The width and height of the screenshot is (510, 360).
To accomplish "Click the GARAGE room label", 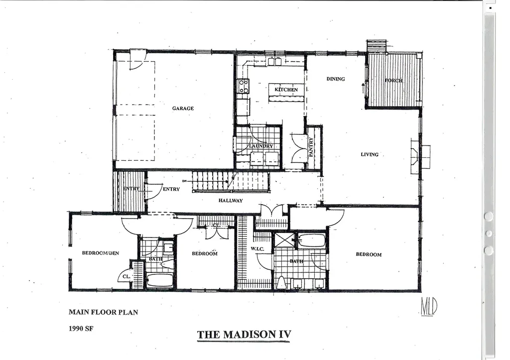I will [x=183, y=108].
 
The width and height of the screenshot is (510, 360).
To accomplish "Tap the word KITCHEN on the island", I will [x=286, y=90].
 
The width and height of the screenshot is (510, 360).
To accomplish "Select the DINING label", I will [x=336, y=79].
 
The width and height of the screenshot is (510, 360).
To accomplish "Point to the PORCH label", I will [x=393, y=80].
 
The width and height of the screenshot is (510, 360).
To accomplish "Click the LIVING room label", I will [x=370, y=154].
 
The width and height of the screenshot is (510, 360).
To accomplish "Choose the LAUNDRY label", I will [x=261, y=146].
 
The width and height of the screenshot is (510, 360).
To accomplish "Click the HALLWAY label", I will [x=230, y=201].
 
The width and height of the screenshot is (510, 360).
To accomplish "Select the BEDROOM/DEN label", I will [x=101, y=253].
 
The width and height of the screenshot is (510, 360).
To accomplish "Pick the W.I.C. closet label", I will [x=257, y=248].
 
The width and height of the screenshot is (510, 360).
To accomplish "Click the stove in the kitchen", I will [x=243, y=86].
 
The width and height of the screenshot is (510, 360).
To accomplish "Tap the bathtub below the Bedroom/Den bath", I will [x=159, y=280].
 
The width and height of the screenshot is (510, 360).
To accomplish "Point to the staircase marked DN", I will [x=212, y=180].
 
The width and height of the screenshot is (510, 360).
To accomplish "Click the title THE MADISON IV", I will [x=244, y=335].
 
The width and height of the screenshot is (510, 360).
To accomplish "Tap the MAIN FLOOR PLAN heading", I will [x=103, y=312].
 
